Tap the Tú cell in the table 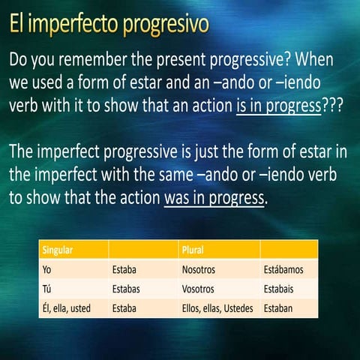coord(47,288)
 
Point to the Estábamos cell coord(285,268)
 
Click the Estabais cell coord(280,288)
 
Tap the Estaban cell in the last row coord(279,307)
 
